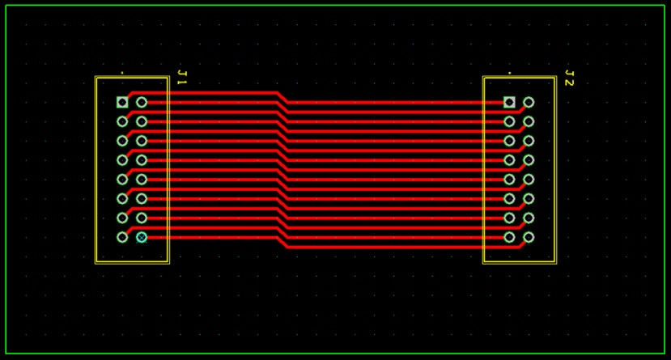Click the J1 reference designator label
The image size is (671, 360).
181,78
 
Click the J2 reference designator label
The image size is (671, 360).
568,78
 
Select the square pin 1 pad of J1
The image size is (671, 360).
122,102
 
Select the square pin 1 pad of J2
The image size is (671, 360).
509,102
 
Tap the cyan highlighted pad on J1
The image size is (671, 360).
142,237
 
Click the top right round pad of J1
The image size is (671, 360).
142,102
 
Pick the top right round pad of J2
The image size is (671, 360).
529,102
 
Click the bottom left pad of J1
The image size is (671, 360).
122,237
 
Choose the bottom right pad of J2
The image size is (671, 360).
529,237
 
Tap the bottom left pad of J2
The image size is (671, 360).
509,237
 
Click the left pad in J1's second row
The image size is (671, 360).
122,121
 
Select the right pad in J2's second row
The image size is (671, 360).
529,121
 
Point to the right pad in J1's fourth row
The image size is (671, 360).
142,160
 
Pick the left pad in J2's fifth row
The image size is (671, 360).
509,180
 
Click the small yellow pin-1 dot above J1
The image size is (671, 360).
122,73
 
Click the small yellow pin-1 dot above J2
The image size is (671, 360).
509,73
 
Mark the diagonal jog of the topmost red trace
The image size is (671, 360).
282,97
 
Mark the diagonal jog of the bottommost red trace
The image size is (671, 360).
282,242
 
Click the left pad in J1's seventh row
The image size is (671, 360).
122,218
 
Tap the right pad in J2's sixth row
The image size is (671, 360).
529,198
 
